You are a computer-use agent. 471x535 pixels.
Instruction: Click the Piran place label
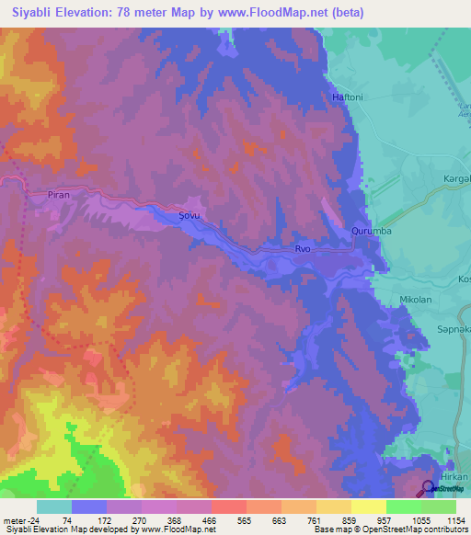pyautogui.click(x=59, y=195)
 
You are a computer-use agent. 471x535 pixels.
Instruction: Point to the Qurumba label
pyautogui.click(x=372, y=232)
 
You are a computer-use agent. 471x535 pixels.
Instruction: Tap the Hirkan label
pyautogui.click(x=454, y=477)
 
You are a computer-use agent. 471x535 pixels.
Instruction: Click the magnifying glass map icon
pyautogui.click(x=429, y=489)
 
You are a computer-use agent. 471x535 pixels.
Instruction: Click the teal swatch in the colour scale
pyautogui.click(x=54, y=507)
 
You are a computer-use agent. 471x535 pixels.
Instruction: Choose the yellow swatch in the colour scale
pyautogui.click(x=368, y=507)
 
